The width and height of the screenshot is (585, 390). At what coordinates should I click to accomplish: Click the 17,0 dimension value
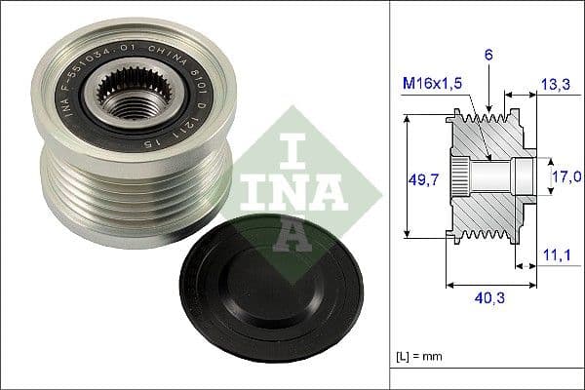[567, 176]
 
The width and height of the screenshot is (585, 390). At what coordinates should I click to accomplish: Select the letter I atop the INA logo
[290, 146]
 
